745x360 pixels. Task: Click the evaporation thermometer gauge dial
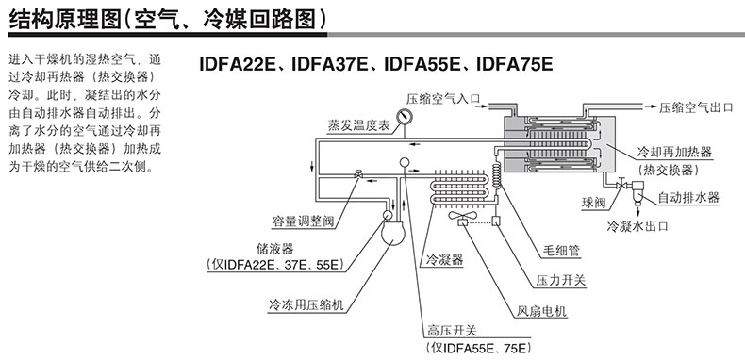405,116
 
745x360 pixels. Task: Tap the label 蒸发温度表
358,126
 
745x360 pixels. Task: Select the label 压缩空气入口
443,99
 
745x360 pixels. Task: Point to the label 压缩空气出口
696,107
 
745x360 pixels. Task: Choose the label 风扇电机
541,312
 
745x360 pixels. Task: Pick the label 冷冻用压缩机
306,305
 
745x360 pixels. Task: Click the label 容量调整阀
303,221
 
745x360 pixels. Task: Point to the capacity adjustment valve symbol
357,174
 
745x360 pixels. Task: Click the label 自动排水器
688,198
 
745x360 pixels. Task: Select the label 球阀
594,203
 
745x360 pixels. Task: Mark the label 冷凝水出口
637,225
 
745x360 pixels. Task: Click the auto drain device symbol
637,191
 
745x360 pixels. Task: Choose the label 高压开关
452,330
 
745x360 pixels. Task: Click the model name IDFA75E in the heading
514,64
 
